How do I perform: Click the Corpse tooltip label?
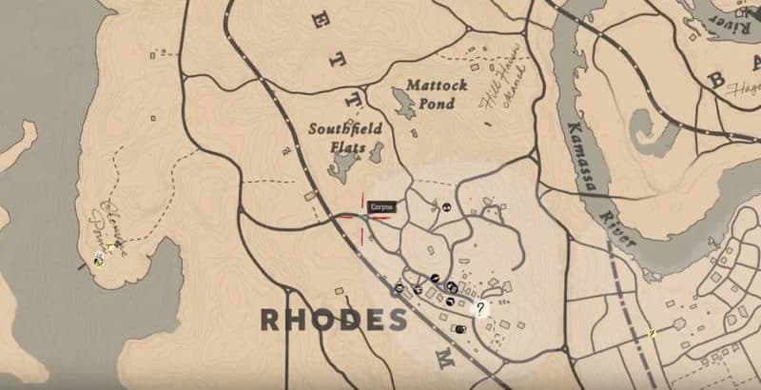pos(380,205)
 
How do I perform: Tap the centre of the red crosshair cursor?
pos(362,216)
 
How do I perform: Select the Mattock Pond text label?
pos(437,93)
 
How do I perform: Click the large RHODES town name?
pos(331,319)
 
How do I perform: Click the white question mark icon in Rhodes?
pos(481,308)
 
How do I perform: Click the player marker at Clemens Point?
pos(98,259)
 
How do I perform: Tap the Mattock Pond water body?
pos(402,105)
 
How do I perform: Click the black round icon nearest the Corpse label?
pos(447,205)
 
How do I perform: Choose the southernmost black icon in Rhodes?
pos(460,328)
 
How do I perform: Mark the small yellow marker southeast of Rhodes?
pos(652,333)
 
